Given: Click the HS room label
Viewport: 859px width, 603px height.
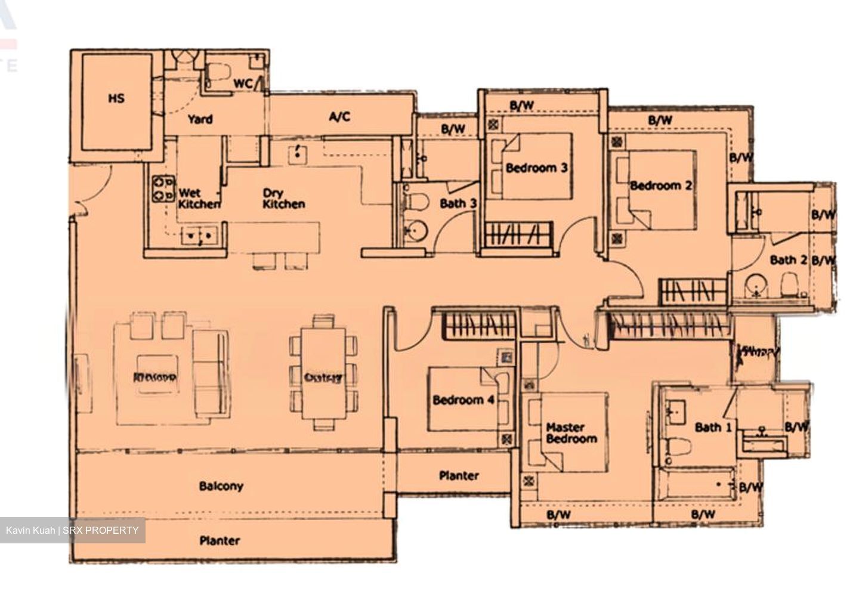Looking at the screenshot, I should [x=116, y=98].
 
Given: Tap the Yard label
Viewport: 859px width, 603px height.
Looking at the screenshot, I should [x=200, y=119].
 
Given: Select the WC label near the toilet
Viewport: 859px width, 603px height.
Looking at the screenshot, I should [x=242, y=84].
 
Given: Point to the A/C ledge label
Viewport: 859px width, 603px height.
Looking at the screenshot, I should [x=339, y=116].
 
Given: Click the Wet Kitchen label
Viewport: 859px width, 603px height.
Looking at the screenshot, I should [x=199, y=199].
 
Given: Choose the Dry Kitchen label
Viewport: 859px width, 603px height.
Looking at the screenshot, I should [x=283, y=199].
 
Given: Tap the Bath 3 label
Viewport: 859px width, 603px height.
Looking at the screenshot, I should [x=458, y=203].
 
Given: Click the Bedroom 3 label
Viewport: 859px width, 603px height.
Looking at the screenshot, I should [x=536, y=168].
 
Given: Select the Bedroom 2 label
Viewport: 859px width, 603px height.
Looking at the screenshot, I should [x=661, y=185].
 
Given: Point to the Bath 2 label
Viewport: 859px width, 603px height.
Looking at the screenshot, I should [x=788, y=260].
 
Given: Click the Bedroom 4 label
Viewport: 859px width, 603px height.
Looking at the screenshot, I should [x=464, y=400].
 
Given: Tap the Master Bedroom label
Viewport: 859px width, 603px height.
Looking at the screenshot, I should [x=571, y=433].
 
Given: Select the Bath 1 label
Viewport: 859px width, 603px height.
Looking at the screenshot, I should [x=713, y=427].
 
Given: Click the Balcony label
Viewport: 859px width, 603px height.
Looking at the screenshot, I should [x=221, y=486].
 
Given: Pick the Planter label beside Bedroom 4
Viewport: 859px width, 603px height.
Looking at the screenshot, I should [x=459, y=475].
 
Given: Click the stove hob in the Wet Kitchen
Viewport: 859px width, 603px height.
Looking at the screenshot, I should [x=162, y=188].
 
